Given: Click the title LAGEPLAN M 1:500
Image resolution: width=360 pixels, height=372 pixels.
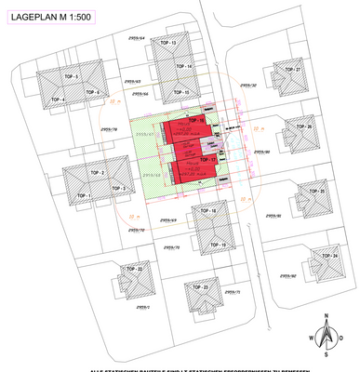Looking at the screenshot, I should [x=51, y=15].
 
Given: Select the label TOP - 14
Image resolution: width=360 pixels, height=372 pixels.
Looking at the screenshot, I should [x=184, y=68].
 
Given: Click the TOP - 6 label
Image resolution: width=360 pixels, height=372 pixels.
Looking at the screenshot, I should [x=91, y=93].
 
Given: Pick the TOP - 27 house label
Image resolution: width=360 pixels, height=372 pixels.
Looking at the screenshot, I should [x=293, y=70].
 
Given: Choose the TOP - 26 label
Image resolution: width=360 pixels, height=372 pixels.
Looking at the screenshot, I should [x=305, y=126].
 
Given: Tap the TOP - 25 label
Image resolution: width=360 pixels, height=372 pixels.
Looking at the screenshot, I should [x=316, y=191].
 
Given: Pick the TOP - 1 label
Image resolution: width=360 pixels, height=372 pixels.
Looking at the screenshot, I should [x=83, y=195].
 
